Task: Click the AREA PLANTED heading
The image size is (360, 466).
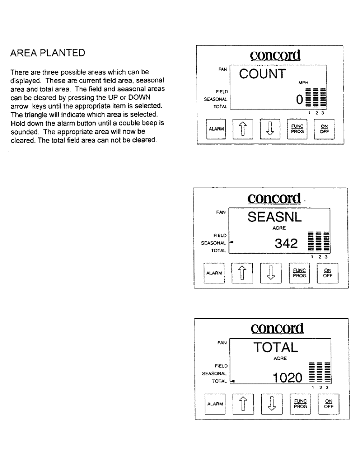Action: [x=48, y=53]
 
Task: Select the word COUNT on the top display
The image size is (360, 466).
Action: [x=262, y=74]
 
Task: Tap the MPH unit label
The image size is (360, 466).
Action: [x=304, y=82]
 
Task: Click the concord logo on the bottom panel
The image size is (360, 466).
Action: [x=277, y=328]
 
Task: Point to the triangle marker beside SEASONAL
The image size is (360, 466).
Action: [x=231, y=242]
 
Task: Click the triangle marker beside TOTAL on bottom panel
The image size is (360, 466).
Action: [x=232, y=381]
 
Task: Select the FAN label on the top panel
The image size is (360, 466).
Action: [x=222, y=69]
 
